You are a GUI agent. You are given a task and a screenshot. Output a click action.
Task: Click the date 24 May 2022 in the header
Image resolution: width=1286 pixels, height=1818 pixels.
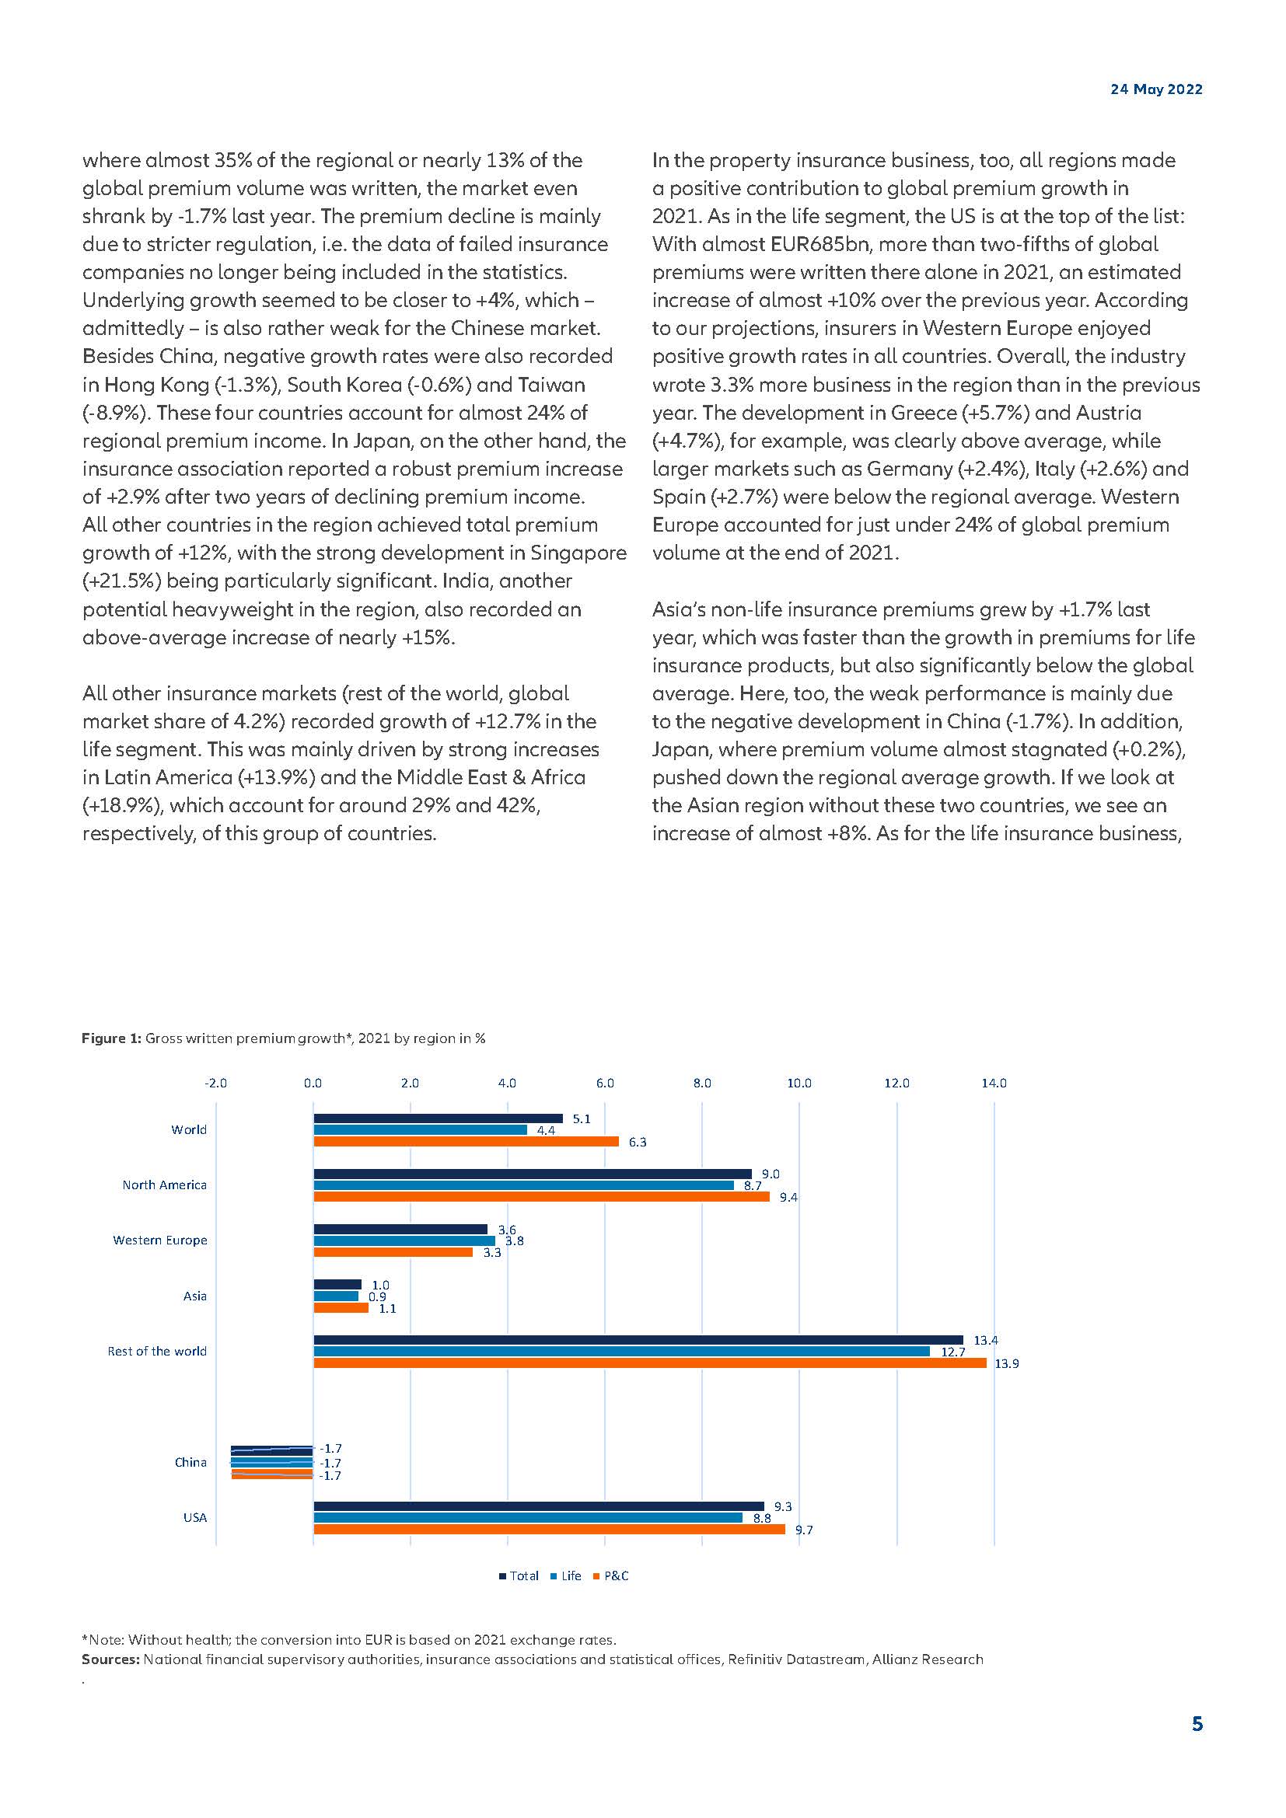[1155, 89]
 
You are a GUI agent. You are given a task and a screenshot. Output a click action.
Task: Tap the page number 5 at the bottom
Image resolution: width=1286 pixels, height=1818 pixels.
[1197, 1724]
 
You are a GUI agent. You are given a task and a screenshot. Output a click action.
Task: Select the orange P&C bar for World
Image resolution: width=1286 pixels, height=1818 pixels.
[466, 1142]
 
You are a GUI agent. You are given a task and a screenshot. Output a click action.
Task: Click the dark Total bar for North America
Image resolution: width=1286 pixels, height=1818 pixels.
[532, 1174]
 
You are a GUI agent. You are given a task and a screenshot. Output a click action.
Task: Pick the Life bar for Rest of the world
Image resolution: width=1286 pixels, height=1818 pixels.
[622, 1352]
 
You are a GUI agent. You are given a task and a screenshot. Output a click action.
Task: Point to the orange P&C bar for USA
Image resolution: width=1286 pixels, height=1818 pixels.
[549, 1529]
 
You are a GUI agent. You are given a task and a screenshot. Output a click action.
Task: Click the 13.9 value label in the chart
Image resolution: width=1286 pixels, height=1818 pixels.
[1006, 1363]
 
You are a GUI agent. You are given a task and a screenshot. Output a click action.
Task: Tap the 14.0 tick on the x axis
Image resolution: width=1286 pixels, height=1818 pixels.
[994, 1083]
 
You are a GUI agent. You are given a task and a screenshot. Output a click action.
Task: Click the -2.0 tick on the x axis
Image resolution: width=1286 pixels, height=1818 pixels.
[215, 1083]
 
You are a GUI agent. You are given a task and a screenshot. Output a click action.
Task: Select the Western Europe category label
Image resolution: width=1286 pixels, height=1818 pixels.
[160, 1240]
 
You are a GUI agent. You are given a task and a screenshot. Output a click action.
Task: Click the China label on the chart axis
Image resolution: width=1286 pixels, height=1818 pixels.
[190, 1463]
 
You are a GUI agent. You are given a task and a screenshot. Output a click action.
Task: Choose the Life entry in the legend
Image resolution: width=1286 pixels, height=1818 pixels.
[571, 1575]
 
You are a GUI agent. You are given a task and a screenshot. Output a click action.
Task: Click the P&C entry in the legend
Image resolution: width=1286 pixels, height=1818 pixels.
[616, 1575]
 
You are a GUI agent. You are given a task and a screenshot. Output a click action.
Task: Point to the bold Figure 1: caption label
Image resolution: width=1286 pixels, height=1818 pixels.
[112, 1038]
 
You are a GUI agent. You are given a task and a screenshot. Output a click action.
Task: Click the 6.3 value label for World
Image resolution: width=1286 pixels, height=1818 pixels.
[638, 1142]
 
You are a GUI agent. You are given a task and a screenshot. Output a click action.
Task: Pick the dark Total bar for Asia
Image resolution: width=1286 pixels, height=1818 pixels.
[337, 1284]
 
